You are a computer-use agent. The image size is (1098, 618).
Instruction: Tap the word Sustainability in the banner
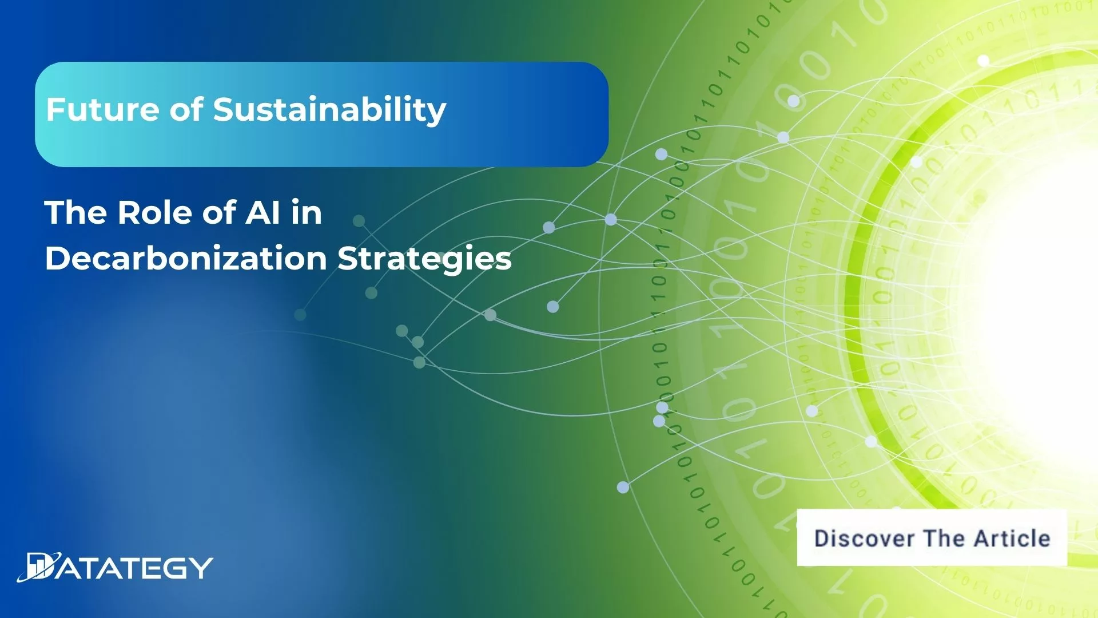[x=329, y=109]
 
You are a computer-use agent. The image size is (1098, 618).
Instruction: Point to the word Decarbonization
[x=186, y=259]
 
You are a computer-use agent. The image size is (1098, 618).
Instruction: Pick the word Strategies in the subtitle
[x=424, y=259]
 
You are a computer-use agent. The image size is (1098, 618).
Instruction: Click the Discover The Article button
[x=932, y=538]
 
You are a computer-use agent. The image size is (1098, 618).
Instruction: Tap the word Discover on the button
[x=864, y=538]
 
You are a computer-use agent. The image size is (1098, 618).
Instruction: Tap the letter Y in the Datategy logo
[x=201, y=568]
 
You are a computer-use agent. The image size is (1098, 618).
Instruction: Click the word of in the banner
[x=186, y=109]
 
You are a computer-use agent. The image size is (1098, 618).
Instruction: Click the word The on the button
[x=944, y=538]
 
